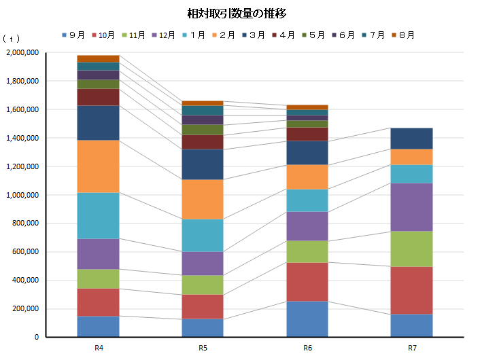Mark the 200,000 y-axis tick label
point(24,309)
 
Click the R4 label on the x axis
point(99,348)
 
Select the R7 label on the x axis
point(412,348)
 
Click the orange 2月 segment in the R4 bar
point(99,166)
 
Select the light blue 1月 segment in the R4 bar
point(99,215)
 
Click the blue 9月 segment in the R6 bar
point(307,319)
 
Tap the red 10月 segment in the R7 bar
point(412,290)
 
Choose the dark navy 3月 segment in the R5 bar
point(203,164)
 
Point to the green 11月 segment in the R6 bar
point(307,251)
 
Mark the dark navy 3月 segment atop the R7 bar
point(412,139)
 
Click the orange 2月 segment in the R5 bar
point(203,199)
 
